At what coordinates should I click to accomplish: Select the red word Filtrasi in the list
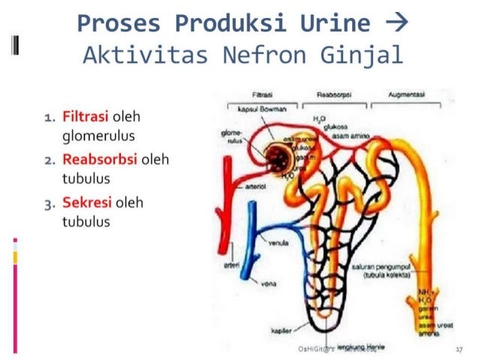click(x=86, y=118)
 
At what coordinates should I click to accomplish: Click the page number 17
click(x=459, y=349)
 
